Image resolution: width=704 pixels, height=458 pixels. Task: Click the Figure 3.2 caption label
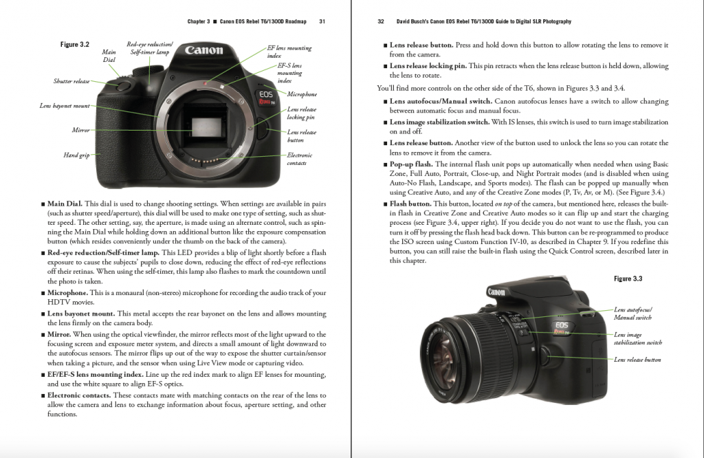pos(75,45)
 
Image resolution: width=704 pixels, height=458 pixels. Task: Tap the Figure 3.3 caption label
pos(628,279)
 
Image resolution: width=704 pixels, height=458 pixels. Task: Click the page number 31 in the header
pos(322,21)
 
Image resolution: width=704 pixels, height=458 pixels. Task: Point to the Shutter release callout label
pos(71,81)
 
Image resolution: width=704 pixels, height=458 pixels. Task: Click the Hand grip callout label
pos(76,155)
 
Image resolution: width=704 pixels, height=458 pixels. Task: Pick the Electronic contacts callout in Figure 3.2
pos(300,159)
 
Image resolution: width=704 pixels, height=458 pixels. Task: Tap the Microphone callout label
pos(302,94)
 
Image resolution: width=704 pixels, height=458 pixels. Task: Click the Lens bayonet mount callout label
pos(65,106)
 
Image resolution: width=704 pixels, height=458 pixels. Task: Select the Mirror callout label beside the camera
pos(80,129)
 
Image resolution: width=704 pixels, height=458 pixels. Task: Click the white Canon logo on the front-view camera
pos(204,50)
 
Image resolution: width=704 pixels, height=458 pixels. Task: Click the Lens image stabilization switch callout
pos(637,338)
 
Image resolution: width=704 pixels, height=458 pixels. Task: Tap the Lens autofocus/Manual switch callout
pos(633,314)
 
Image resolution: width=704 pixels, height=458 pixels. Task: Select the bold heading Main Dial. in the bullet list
pos(65,204)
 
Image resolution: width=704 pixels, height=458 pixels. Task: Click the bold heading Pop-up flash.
pos(411,164)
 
